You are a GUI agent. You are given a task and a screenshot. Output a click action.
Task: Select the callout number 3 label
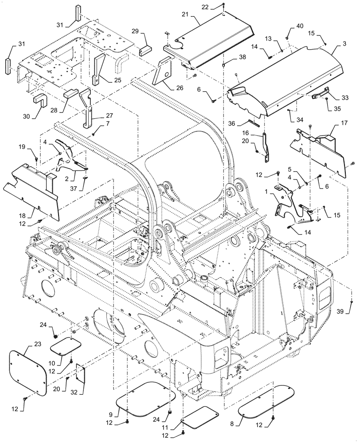click(x=333, y=45)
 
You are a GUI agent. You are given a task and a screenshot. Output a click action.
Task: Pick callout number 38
click(x=230, y=57)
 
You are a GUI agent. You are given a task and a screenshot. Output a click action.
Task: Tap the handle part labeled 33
click(x=319, y=93)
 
